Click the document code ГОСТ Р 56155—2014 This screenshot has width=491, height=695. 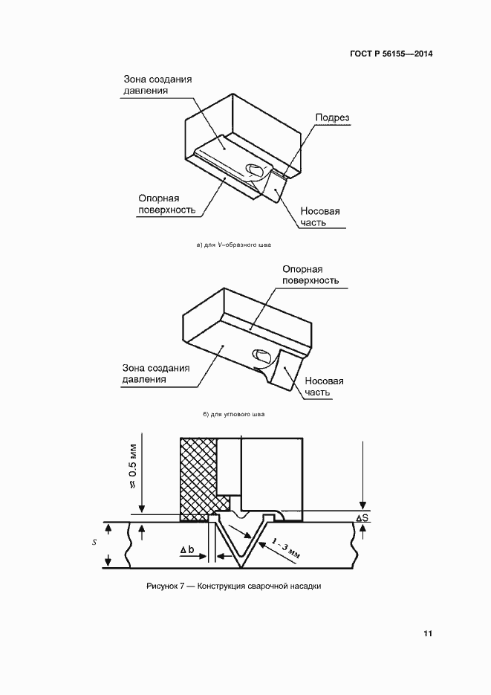pyautogui.click(x=391, y=54)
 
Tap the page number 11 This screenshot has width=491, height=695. pyautogui.click(x=428, y=633)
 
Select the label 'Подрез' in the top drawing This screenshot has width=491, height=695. pyautogui.click(x=332, y=117)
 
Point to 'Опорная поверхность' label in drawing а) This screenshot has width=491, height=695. pyautogui.click(x=167, y=204)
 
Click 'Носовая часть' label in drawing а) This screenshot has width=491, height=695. pyautogui.click(x=320, y=216)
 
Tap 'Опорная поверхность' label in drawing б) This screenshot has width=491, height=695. pyautogui.click(x=310, y=275)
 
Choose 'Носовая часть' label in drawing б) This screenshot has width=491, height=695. pyautogui.click(x=323, y=387)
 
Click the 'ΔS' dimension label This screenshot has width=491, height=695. pyautogui.click(x=362, y=517)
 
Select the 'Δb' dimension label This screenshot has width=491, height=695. pyautogui.click(x=187, y=550)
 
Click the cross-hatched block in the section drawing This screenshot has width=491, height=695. pyautogui.click(x=197, y=476)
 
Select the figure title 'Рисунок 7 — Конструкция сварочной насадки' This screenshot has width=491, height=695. pyautogui.click(x=234, y=586)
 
